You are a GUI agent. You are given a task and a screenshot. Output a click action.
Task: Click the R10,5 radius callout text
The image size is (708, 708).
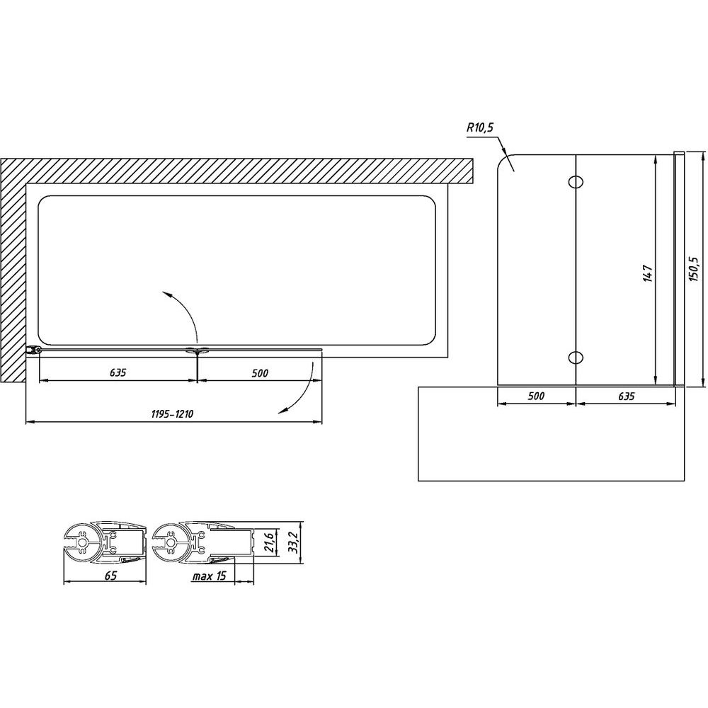[x=481, y=127]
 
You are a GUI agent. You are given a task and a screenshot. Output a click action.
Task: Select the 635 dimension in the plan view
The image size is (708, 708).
[x=118, y=372]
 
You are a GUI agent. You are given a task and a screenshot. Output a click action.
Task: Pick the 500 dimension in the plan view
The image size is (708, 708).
[x=260, y=372]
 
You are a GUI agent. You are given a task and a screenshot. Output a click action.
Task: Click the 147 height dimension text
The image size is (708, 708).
[x=648, y=273]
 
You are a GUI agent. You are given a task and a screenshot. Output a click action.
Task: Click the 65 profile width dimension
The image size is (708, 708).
[x=110, y=575]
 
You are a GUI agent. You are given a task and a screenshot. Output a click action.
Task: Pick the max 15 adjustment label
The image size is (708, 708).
[x=209, y=576]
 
